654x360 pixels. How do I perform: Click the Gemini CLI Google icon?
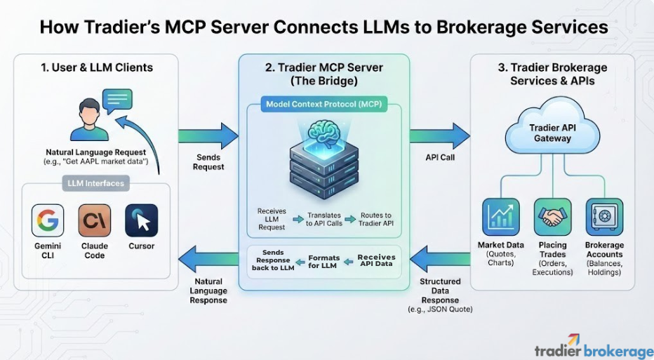pos(48,220)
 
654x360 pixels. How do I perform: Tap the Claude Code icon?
pos(94,220)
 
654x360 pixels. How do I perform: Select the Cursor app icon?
pos(141,220)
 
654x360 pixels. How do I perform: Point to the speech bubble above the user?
pos(117,100)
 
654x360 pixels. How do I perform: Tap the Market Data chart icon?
pos(500,216)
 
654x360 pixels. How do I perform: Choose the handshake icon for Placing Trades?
pos(552,216)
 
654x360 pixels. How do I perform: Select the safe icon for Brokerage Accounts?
pos(604,216)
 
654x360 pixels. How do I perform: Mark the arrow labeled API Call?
pos(440,135)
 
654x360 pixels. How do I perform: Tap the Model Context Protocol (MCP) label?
pos(323,105)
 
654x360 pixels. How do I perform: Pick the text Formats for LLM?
pos(324,262)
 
